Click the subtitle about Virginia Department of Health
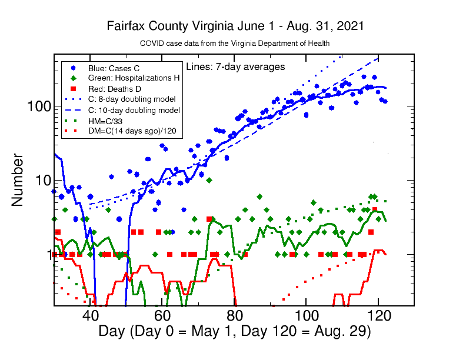(x=234, y=44)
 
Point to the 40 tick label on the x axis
(x=90, y=315)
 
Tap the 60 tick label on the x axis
(x=162, y=315)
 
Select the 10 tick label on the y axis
(x=41, y=181)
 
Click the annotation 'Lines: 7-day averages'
(x=235, y=66)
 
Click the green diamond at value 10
(x=209, y=180)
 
